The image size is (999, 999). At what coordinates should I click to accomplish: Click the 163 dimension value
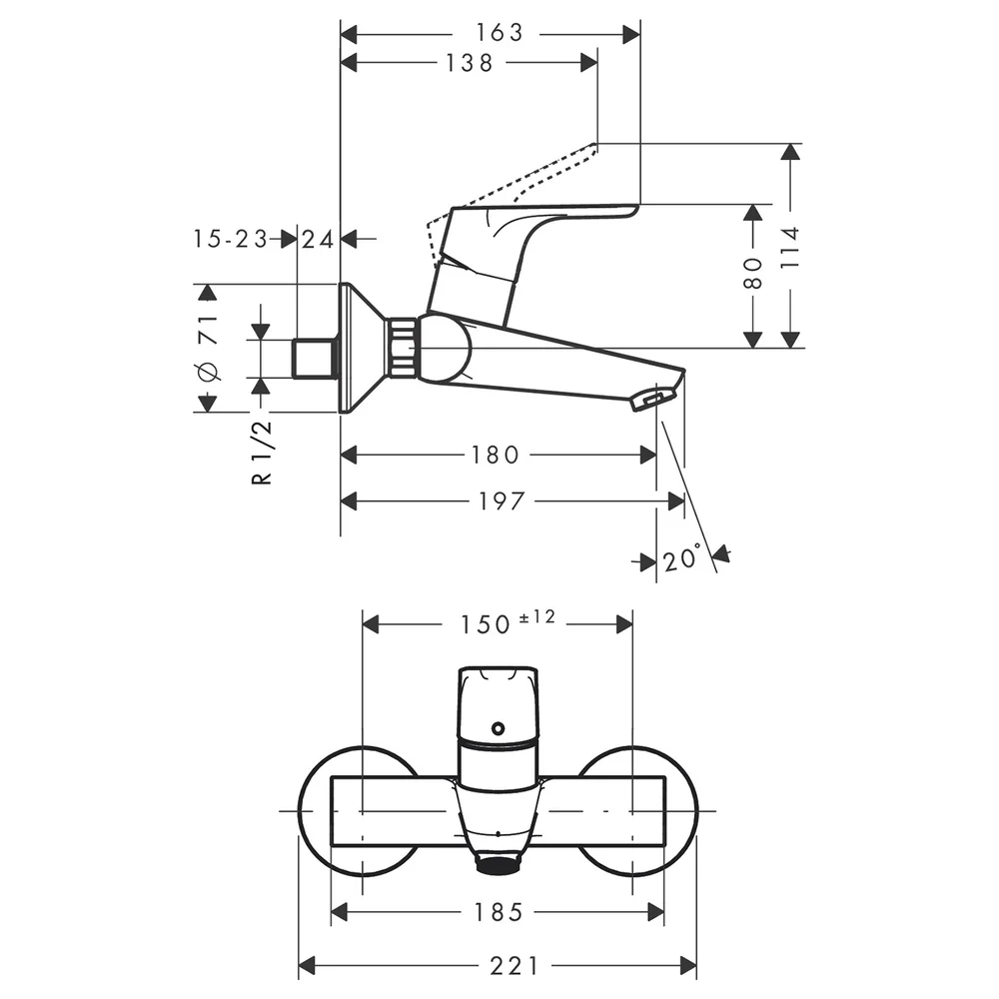tap(499, 33)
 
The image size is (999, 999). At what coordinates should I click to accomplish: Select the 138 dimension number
tap(470, 63)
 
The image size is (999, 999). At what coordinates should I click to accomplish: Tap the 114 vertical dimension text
tap(790, 247)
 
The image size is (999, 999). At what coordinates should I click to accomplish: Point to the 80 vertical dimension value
tap(753, 274)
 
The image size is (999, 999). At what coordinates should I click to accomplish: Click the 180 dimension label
tap(496, 455)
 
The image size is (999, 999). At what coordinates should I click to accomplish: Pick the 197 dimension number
tap(501, 501)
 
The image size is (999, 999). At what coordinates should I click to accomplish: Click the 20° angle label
tap(681, 558)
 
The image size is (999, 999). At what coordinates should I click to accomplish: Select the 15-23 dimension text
tap(231, 239)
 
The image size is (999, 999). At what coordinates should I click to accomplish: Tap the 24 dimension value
tap(318, 240)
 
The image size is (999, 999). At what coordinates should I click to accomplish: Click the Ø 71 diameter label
tap(209, 348)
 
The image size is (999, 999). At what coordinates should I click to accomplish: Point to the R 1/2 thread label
tap(262, 453)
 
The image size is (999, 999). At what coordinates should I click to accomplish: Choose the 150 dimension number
tap(486, 625)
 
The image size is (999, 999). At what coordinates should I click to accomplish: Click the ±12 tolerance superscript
tap(537, 616)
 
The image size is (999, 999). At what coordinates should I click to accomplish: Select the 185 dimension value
tap(499, 912)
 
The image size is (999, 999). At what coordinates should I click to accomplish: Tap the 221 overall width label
tap(514, 966)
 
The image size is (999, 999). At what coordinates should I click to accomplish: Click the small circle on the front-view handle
tap(498, 728)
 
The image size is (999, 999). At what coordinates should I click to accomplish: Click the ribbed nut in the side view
tap(403, 348)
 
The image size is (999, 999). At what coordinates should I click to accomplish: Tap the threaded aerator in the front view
tap(499, 864)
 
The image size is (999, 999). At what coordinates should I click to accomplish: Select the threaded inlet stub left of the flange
tap(316, 358)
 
